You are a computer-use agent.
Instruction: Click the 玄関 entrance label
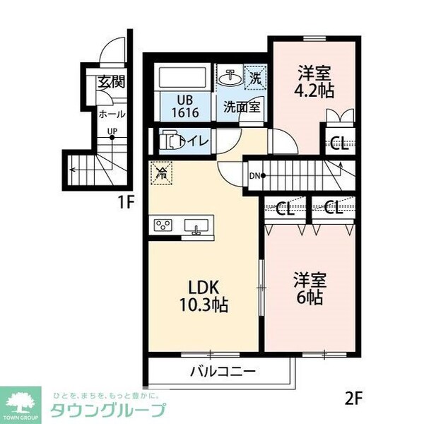tap(112, 81)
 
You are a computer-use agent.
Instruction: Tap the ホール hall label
tap(112, 114)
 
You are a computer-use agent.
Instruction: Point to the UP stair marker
tap(112, 131)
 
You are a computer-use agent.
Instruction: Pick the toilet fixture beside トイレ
tap(170, 141)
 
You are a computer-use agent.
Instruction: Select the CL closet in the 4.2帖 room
tap(338, 144)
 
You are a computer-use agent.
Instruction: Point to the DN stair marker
tap(255, 175)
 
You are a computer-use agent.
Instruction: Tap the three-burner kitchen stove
tap(163, 225)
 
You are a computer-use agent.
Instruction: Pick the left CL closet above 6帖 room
tap(285, 208)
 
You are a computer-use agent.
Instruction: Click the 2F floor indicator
tap(354, 396)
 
